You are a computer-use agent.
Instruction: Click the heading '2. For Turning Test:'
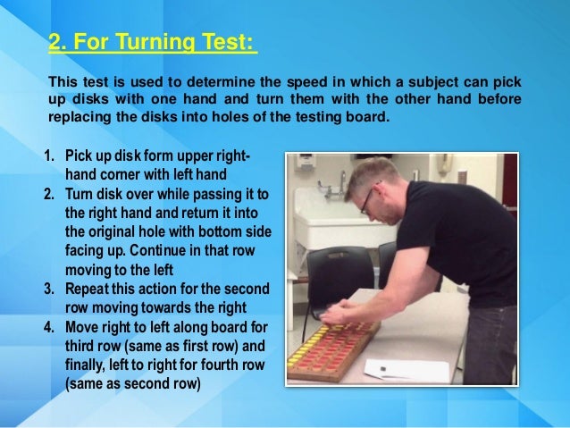coord(152,42)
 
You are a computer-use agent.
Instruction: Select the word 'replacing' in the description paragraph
coord(81,115)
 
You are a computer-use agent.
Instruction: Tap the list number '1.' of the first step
coord(50,159)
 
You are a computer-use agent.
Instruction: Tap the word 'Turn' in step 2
coord(81,192)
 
